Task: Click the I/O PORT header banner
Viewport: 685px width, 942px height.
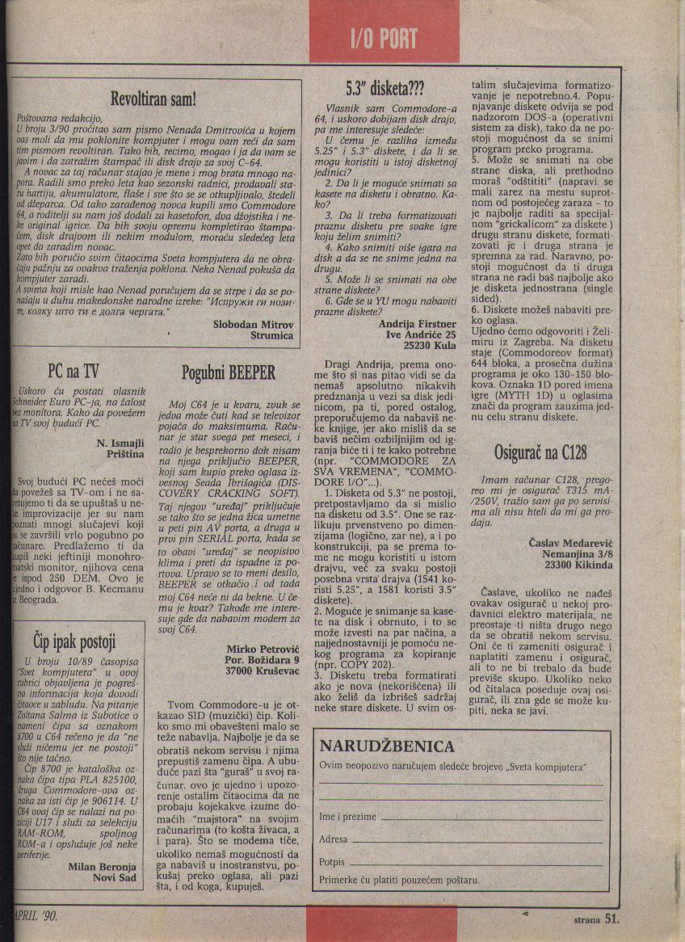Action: (x=384, y=39)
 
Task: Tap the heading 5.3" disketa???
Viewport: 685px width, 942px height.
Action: (x=385, y=86)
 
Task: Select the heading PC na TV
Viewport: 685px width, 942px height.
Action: (x=73, y=371)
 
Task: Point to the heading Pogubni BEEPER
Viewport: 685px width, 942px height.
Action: (x=229, y=372)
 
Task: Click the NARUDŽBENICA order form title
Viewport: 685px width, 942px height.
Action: (x=387, y=746)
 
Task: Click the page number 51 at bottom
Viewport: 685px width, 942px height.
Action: (x=611, y=918)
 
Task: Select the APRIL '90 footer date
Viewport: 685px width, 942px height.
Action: (x=36, y=916)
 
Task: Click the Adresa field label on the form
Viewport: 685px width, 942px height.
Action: (x=334, y=839)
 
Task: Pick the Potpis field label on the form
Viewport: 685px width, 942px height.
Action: (x=332, y=861)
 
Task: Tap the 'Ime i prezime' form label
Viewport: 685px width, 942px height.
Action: (x=347, y=817)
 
